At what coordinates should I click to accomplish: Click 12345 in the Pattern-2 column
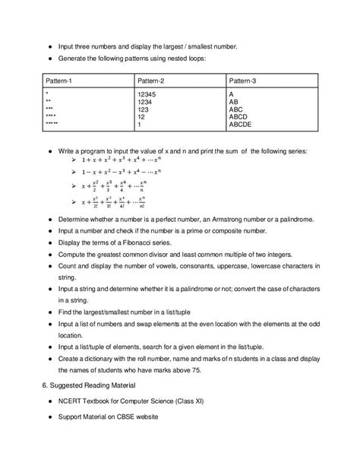(x=148, y=94)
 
